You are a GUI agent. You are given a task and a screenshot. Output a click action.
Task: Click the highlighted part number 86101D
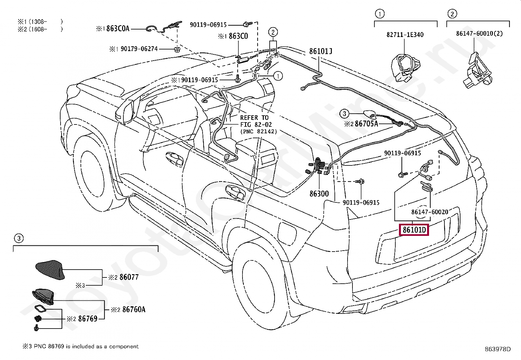[414, 230]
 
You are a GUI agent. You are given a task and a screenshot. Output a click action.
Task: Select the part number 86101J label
[320, 51]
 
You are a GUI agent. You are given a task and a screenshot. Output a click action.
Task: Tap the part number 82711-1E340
[405, 35]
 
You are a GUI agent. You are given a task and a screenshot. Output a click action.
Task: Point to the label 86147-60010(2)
[479, 33]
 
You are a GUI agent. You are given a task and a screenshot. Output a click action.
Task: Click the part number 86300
[319, 194]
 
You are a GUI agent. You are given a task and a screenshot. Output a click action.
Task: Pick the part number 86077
[129, 277]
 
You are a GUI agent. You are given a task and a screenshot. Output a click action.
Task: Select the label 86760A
[134, 309]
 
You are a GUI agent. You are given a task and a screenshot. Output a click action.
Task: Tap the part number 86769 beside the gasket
[88, 318]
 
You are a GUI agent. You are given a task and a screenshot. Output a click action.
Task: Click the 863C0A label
[118, 28]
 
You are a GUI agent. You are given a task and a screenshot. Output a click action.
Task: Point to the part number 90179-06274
[139, 49]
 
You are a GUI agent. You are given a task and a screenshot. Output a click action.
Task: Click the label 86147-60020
[430, 212]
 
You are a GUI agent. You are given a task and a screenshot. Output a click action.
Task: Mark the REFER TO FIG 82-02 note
[259, 124]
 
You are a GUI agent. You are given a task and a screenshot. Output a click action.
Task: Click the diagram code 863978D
[498, 349]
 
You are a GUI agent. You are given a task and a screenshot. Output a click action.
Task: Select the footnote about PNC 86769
[81, 346]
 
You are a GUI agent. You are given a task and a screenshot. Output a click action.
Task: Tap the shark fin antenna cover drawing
[50, 270]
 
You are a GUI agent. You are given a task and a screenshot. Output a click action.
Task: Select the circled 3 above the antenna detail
[19, 238]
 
